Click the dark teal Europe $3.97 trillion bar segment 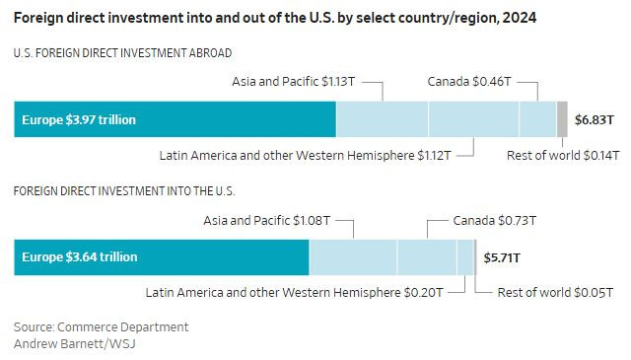(175, 119)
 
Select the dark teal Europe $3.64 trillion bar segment (161, 256)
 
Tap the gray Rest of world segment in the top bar (562, 119)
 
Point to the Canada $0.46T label (469, 81)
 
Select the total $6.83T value (596, 119)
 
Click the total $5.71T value (502, 257)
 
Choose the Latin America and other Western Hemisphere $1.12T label (305, 155)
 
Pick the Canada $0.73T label (494, 219)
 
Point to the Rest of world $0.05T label (554, 292)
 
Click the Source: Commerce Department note (101, 326)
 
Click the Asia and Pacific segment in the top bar (382, 119)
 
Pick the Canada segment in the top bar (537, 119)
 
